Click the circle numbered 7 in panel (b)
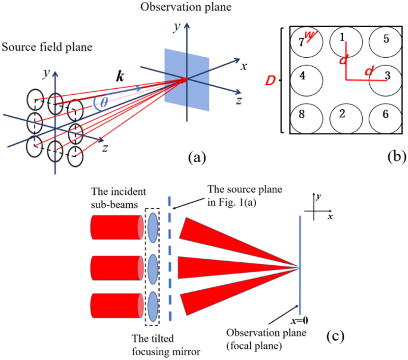(306, 43)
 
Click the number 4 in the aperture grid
(302, 76)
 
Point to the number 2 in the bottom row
(341, 114)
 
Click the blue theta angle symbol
(104, 102)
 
